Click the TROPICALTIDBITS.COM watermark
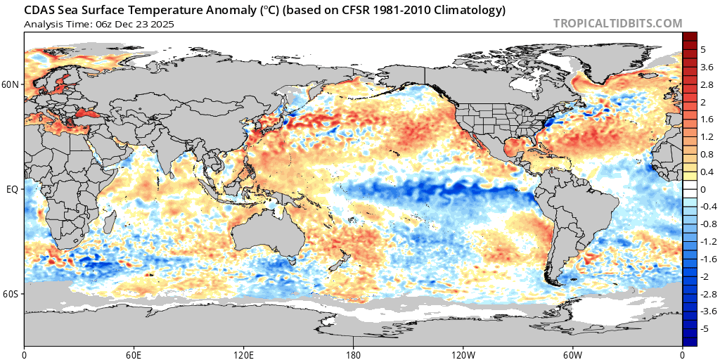tap(617, 23)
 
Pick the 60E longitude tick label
tap(134, 354)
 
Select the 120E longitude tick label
tap(243, 354)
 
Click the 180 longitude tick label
tap(353, 354)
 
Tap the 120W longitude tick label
tap(463, 354)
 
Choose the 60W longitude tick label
tap(572, 354)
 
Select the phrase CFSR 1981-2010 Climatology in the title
tap(420, 11)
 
